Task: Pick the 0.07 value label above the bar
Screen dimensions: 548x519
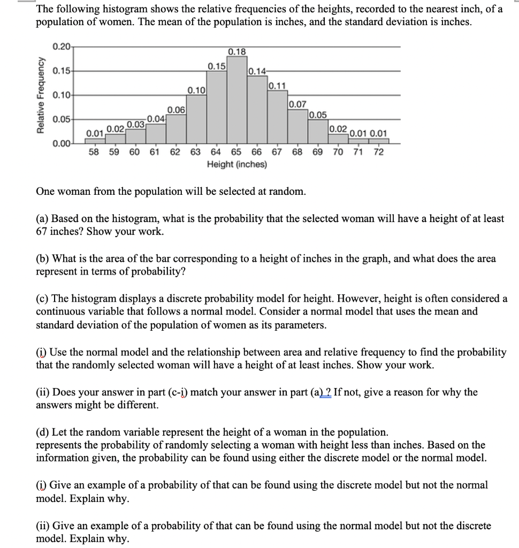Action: tap(297, 104)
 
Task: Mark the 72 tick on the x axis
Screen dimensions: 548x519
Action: tap(378, 151)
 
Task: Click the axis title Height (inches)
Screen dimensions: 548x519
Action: tap(236, 164)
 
